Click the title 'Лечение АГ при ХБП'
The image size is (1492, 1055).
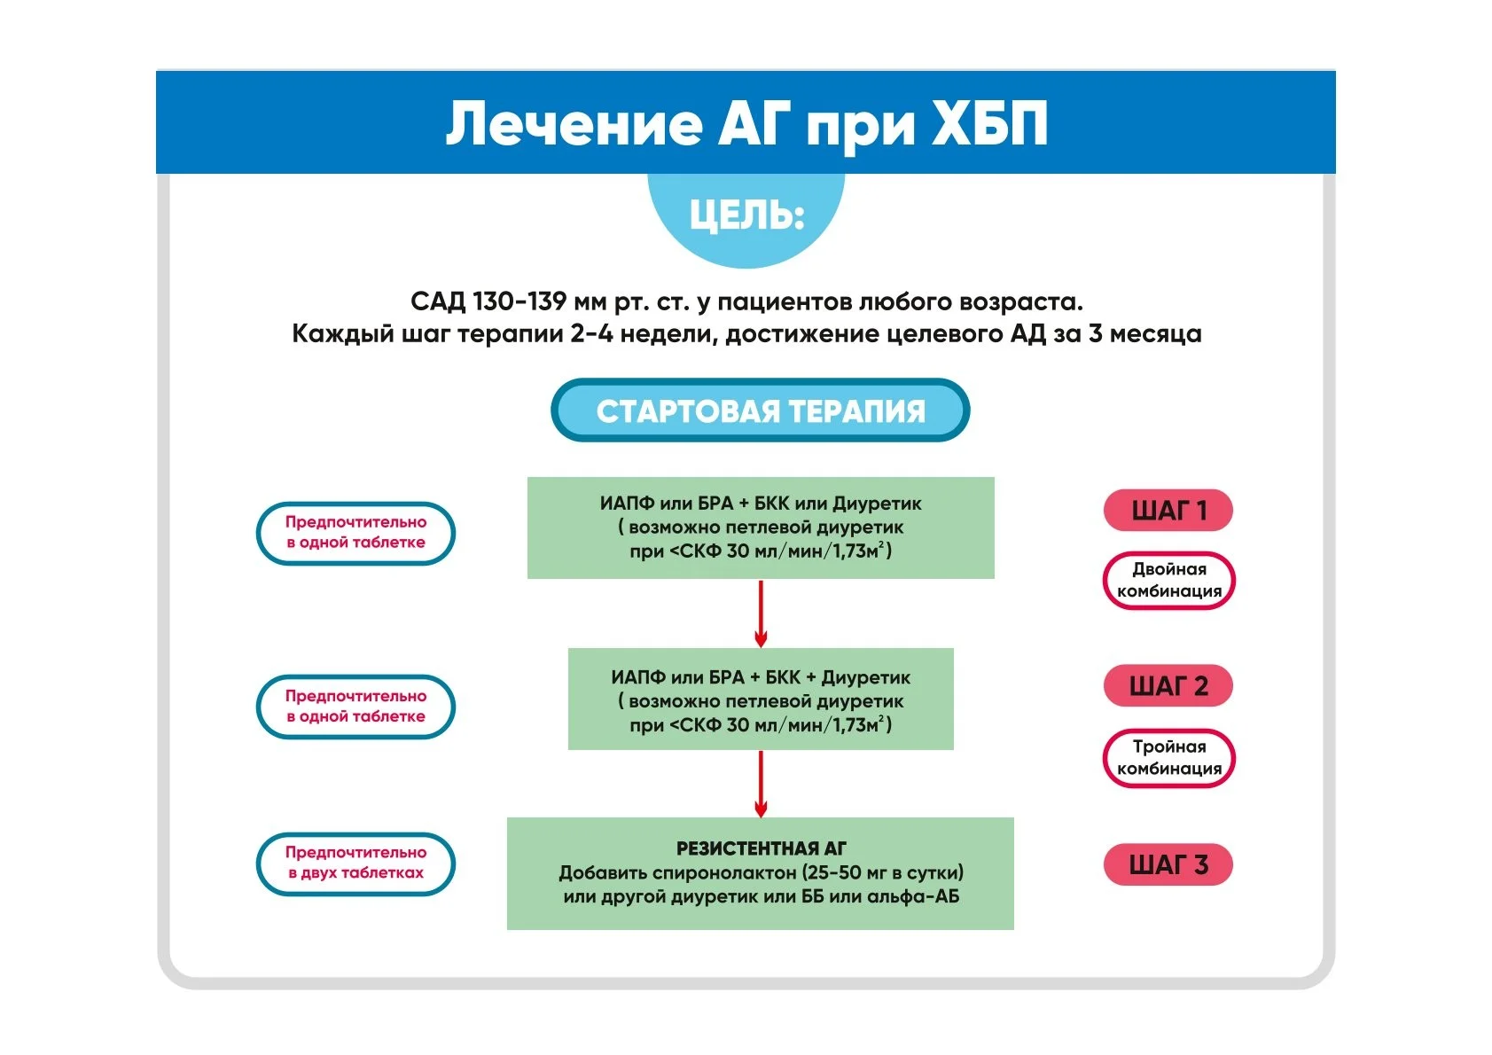point(746,123)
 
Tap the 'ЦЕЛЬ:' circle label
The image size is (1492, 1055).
point(746,215)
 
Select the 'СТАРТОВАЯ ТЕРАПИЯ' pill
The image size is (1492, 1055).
point(760,410)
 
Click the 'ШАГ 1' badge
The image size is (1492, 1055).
point(1168,511)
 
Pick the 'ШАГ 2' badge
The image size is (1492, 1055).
point(1168,686)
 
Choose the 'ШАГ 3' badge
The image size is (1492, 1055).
point(1168,864)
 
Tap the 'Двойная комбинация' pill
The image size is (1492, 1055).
point(1168,581)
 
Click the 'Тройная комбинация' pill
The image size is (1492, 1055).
point(1168,758)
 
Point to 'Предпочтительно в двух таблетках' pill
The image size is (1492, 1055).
point(355,864)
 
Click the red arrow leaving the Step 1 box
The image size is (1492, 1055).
point(761,613)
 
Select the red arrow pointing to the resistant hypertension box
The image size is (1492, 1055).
point(761,784)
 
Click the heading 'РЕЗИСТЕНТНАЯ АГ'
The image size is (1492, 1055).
point(761,848)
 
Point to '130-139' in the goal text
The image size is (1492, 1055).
point(519,302)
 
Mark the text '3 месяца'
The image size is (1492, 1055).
point(1144,334)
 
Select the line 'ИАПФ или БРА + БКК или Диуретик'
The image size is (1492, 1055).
point(761,504)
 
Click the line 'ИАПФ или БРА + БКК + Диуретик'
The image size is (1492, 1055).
point(761,677)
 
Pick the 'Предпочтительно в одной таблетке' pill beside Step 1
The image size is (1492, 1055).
point(355,533)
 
